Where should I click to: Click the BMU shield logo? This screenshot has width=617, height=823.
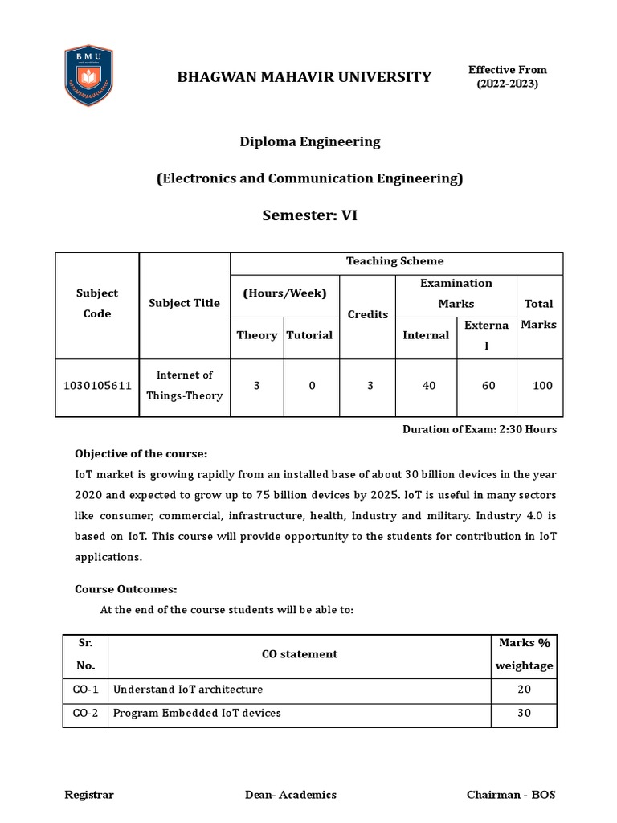click(x=88, y=76)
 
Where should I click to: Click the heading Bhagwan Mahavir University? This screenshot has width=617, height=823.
click(x=304, y=77)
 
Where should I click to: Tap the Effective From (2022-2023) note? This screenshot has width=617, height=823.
click(x=508, y=76)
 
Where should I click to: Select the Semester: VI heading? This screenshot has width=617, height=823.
click(x=309, y=215)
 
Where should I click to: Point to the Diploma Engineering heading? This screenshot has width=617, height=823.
click(x=309, y=141)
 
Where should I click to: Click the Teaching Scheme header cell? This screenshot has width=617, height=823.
click(x=394, y=261)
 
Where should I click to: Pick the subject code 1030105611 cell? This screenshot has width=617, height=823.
click(x=97, y=386)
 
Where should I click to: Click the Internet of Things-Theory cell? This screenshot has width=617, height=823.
click(x=185, y=385)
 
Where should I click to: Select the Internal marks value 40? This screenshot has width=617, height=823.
click(x=429, y=386)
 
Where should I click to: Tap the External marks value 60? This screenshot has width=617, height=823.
click(x=488, y=386)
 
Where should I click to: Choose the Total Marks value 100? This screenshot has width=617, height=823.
click(x=542, y=386)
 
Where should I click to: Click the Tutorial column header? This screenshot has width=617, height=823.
click(x=310, y=335)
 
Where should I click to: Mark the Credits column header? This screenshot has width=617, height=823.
click(x=367, y=314)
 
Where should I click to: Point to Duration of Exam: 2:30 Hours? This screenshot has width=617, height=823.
click(x=479, y=429)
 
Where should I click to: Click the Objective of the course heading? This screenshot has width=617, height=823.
click(x=141, y=453)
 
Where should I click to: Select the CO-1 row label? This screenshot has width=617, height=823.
click(x=85, y=690)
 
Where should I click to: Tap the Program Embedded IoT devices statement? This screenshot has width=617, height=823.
click(x=197, y=714)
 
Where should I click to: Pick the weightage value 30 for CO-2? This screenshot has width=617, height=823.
click(x=524, y=714)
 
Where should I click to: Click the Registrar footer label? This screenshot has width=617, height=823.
click(x=89, y=795)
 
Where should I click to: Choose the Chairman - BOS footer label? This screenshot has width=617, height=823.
click(x=511, y=795)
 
